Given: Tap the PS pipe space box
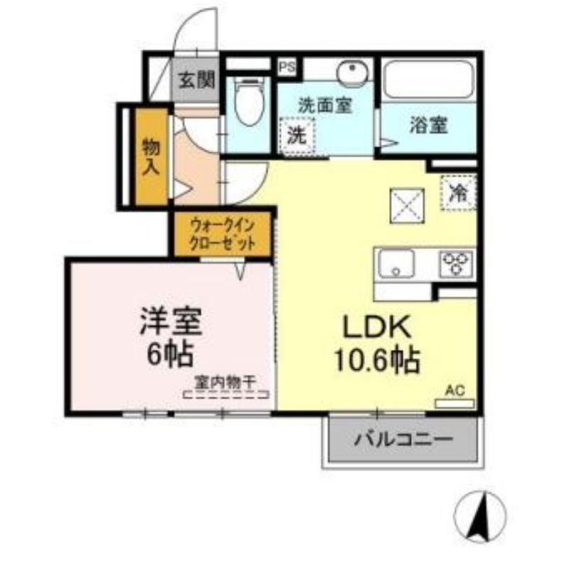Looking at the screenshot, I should click(x=287, y=68).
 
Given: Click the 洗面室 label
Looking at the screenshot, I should click(x=324, y=106).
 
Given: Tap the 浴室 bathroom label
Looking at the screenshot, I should click(x=429, y=125).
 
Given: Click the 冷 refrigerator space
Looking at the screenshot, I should click(x=459, y=192).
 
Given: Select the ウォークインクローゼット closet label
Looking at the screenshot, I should click(x=220, y=232).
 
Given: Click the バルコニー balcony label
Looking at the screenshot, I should click(x=403, y=440).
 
